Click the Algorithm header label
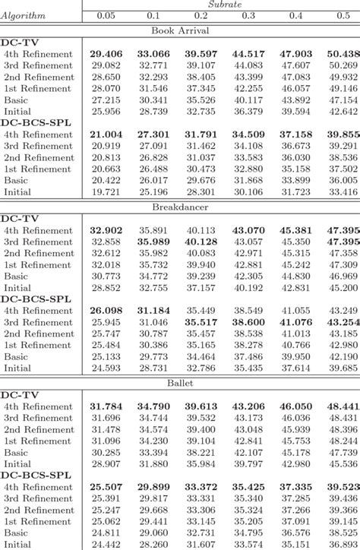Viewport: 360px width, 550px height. point(24,16)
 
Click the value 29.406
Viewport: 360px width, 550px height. point(106,54)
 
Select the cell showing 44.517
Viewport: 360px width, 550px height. point(248,54)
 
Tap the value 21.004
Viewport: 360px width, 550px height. point(106,134)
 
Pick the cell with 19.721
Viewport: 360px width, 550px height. point(106,191)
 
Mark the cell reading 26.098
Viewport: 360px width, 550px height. point(106,310)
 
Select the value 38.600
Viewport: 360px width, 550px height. point(248,321)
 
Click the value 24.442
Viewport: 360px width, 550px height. point(106,544)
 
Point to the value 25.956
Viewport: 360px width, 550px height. point(106,111)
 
